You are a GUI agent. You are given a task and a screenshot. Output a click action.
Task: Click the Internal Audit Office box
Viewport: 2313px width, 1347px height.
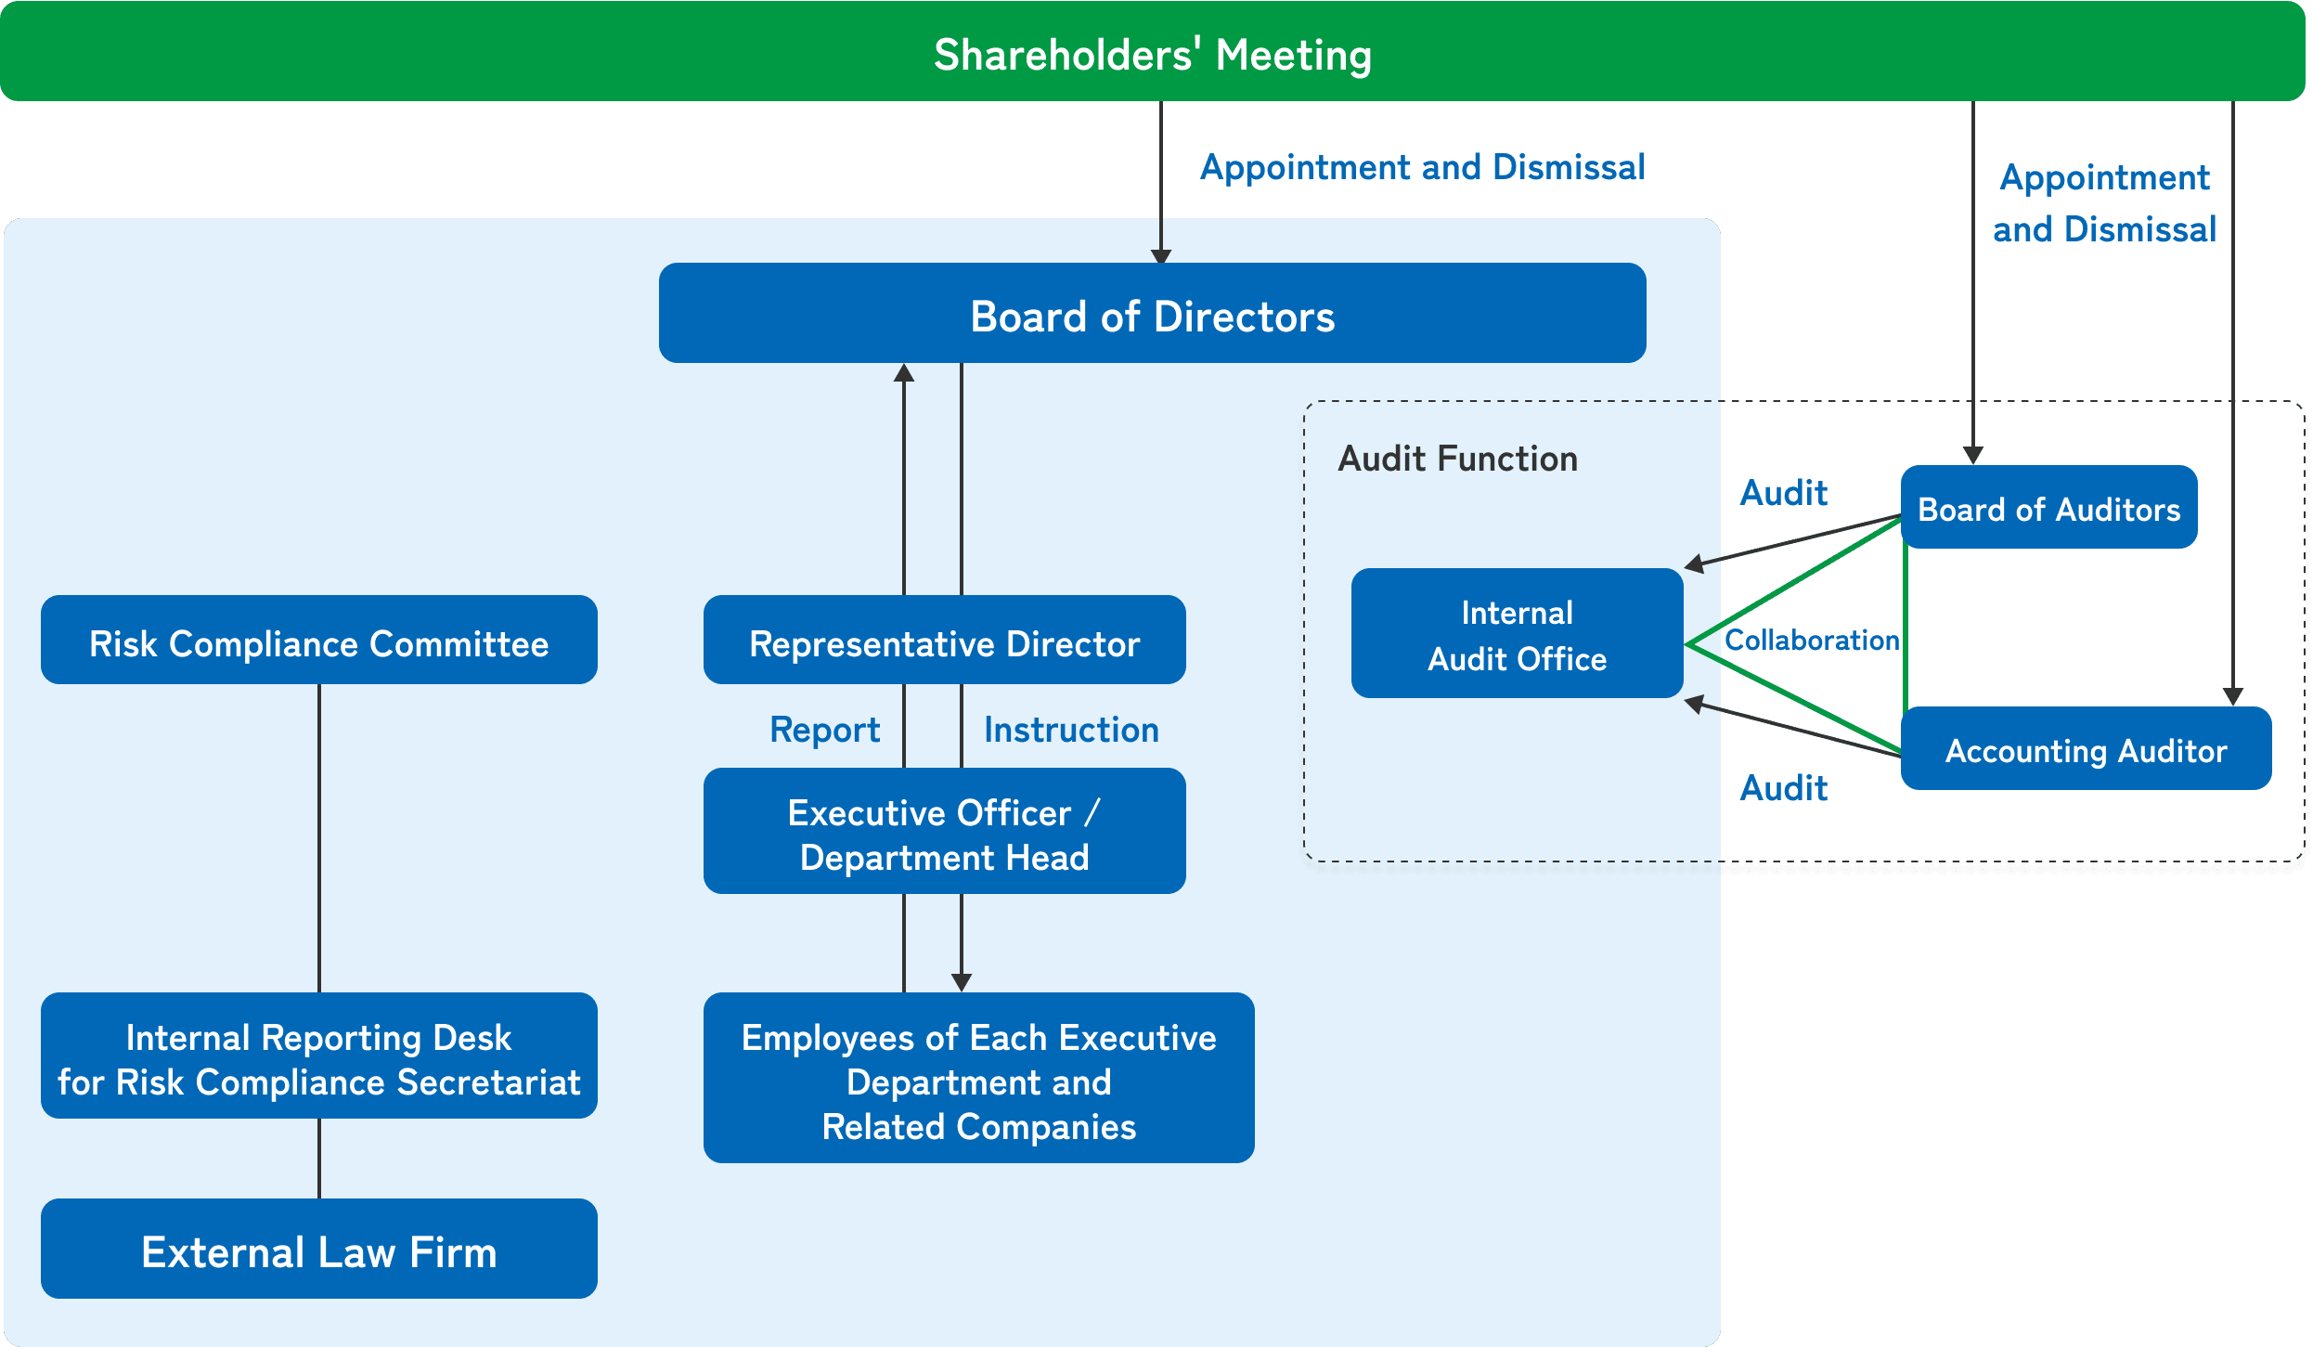point(1517,634)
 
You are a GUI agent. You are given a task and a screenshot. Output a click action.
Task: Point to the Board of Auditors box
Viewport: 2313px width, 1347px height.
point(2048,508)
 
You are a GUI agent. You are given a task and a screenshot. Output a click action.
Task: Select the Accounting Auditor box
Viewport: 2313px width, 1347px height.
point(2086,749)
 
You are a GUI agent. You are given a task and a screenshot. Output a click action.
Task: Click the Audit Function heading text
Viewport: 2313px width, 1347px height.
point(1457,459)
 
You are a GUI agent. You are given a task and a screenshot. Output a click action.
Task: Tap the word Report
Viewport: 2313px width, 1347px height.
point(824,730)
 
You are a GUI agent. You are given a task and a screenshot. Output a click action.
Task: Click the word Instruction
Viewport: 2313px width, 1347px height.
point(1071,730)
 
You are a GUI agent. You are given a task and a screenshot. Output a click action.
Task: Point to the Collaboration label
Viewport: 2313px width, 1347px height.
point(1811,641)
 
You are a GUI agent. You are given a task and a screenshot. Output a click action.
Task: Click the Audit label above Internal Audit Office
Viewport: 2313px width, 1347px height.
point(1783,493)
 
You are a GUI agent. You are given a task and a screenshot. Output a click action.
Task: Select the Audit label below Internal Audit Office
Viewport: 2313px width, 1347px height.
point(1783,788)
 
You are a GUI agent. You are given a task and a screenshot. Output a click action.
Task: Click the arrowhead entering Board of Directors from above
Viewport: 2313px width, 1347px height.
point(1161,256)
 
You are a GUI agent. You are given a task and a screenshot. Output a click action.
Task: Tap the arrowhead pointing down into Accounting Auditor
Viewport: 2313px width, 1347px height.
point(2233,697)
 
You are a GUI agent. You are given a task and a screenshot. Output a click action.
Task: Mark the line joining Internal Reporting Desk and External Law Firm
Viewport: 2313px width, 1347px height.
point(319,1159)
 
